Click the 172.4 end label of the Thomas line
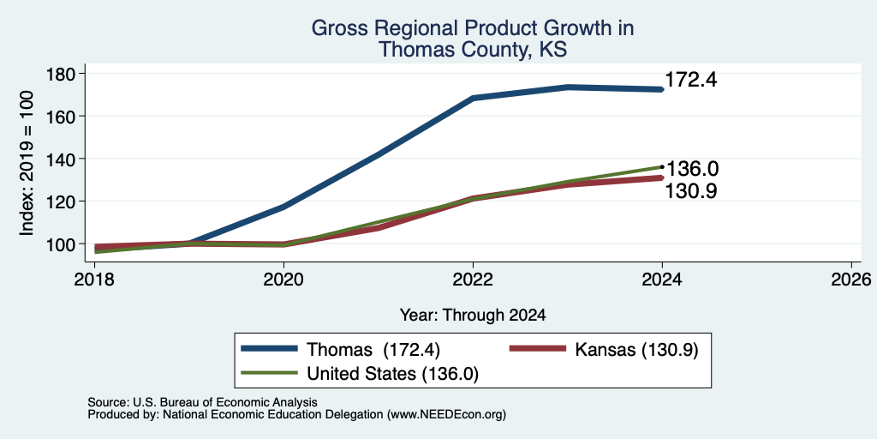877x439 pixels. click(x=691, y=80)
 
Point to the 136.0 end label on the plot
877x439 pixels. click(x=691, y=169)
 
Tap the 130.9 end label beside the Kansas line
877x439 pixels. click(x=691, y=191)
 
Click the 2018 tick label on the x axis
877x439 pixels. click(x=94, y=279)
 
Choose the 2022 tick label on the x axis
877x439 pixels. click(x=473, y=279)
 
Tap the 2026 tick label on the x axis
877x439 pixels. click(x=851, y=279)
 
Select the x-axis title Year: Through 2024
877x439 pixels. click(x=473, y=316)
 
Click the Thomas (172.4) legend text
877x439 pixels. click(x=373, y=350)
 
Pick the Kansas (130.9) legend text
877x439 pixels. click(x=636, y=350)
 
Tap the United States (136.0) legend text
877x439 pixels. click(x=392, y=374)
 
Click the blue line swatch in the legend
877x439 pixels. click(x=269, y=349)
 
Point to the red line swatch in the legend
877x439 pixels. click(x=537, y=349)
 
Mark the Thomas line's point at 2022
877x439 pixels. click(x=473, y=98)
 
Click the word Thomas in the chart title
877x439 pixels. click(x=414, y=50)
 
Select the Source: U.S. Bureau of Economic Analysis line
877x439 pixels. click(x=202, y=402)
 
